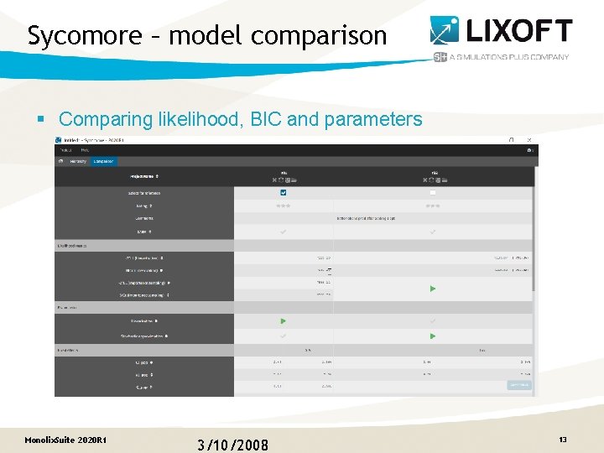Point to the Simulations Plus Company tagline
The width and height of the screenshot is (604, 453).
[508, 57]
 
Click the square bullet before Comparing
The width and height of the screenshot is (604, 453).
[40, 120]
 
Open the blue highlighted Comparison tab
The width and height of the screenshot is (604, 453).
[104, 161]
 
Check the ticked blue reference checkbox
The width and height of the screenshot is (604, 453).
[283, 192]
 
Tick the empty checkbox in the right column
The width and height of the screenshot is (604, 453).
[433, 192]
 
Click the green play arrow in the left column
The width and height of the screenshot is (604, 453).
[283, 320]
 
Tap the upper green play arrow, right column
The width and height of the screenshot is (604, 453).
[433, 289]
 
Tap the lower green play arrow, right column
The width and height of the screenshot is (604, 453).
[433, 336]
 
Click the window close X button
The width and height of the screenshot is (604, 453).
[529, 139]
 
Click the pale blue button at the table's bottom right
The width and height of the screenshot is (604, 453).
[518, 385]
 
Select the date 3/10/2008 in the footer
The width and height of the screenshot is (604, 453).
[233, 444]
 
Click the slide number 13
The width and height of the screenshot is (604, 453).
[563, 440]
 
